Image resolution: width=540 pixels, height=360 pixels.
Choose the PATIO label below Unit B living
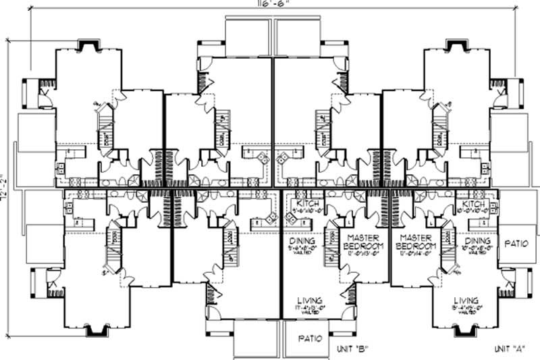click(x=306, y=338)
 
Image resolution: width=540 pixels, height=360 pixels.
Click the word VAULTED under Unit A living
click(x=466, y=314)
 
